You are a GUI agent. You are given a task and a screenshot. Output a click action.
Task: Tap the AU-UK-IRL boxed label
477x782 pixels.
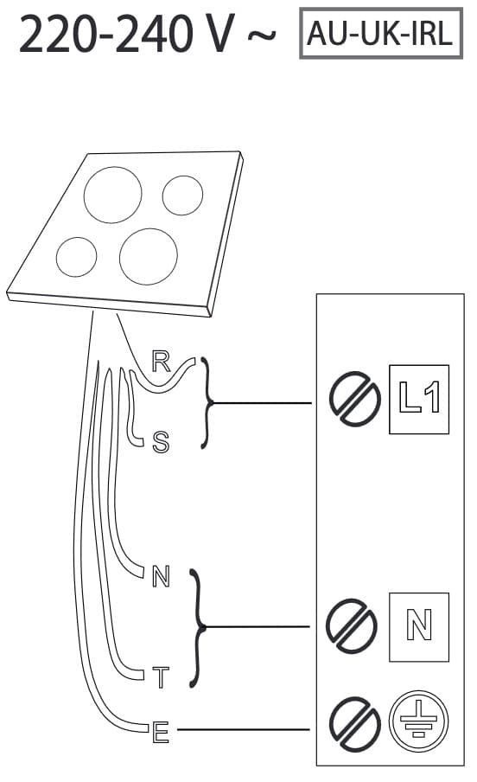[381, 34]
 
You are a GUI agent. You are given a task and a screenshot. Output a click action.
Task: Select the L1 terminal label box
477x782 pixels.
[419, 399]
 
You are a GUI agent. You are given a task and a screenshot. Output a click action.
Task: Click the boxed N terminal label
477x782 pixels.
[419, 627]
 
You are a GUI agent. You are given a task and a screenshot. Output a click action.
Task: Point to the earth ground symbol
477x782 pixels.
[419, 721]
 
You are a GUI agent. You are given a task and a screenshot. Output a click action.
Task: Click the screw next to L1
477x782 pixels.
[354, 399]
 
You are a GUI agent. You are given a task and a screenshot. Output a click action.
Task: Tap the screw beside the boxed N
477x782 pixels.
[352, 625]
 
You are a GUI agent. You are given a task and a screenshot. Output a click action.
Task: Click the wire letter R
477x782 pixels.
[161, 362]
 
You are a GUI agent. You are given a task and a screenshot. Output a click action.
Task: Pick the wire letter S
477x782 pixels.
[161, 442]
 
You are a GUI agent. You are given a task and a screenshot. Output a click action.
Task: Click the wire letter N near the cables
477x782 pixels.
[161, 576]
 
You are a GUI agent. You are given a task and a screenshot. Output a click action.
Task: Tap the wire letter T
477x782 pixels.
[161, 677]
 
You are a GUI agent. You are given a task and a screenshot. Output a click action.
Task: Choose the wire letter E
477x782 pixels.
[161, 733]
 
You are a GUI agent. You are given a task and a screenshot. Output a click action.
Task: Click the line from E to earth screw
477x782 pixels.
[243, 729]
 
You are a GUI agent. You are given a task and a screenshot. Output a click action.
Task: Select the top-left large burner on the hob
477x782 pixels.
[112, 195]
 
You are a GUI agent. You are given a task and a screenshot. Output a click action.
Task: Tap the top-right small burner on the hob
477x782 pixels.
[182, 195]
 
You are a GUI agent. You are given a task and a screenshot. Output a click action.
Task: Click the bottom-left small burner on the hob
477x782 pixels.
[76, 257]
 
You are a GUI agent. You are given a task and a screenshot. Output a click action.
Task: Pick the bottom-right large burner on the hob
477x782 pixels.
[149, 256]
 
